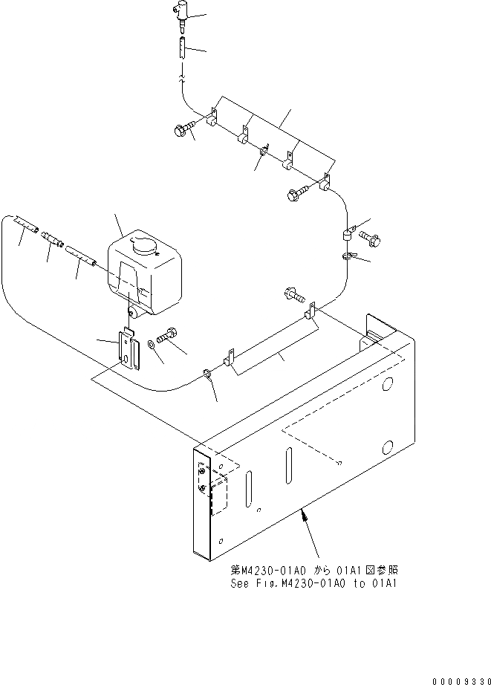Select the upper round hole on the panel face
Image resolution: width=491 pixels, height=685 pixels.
(x=387, y=386)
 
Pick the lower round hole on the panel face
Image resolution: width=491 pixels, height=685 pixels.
(x=386, y=447)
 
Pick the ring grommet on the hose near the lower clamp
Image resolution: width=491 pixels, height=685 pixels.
(x=206, y=374)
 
